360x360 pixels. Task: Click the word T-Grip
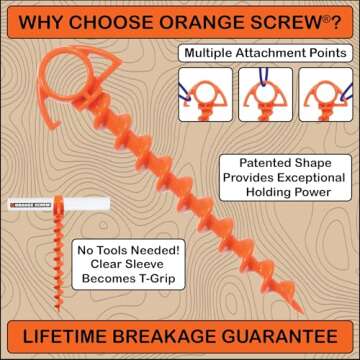point(153,282)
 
